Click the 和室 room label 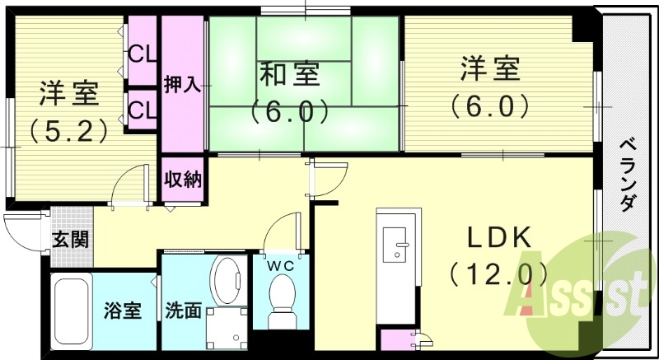pos(290,73)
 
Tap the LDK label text pos(498,237)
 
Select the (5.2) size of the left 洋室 pos(68,129)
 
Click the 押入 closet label pos(182,84)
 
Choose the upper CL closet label pos(142,55)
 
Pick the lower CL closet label pos(142,109)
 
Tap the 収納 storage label pos(183,180)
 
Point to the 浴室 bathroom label pos(123,311)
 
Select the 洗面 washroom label pos(183,311)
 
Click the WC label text pos(280,265)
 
